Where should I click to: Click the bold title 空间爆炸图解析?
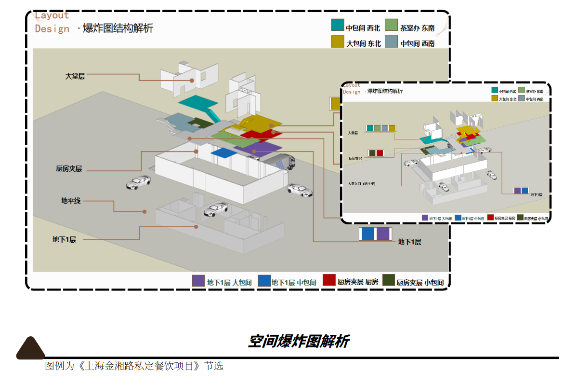(299, 341)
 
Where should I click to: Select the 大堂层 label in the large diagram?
(75, 76)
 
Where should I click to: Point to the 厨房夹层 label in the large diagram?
(69, 169)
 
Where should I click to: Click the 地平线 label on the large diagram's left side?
(71, 201)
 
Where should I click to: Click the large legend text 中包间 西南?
(417, 43)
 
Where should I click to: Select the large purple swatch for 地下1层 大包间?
(198, 281)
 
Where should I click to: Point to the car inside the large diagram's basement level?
(215, 209)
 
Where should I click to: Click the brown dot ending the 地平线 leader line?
(144, 211)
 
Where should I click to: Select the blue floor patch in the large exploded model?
(223, 153)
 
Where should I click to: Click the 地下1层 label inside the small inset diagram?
(537, 194)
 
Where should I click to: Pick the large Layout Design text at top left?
(52, 22)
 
